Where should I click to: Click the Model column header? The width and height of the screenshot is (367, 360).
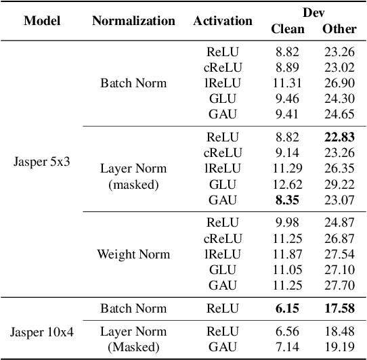pos(42,20)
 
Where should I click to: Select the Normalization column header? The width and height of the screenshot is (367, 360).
pos(133,20)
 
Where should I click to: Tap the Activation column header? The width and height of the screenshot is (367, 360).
pos(223,20)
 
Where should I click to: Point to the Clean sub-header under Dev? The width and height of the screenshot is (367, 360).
pos(287,28)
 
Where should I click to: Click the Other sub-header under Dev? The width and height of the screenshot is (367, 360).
pos(339,28)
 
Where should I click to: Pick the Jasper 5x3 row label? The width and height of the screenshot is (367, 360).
pos(42,162)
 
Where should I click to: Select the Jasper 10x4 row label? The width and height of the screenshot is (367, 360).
pos(42,332)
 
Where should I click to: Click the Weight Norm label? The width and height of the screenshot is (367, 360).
pos(133,254)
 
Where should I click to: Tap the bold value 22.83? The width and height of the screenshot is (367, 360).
pos(339,136)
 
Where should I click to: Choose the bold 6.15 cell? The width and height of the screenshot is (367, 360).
pos(287,309)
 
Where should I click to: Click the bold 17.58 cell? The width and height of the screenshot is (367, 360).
pos(339,309)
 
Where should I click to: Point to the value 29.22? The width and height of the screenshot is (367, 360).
pos(339,184)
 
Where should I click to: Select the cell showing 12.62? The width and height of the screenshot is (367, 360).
pos(287,184)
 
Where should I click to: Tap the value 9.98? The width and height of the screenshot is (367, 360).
pos(287,222)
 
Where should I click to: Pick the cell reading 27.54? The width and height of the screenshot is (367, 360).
pos(339,254)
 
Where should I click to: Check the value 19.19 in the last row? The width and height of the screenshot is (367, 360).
pos(339,347)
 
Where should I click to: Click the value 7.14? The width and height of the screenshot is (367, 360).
pos(287,347)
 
